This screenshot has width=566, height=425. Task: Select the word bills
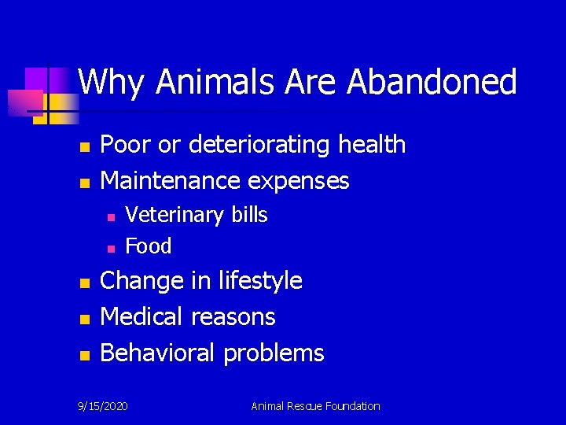249,215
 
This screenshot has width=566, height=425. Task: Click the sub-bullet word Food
149,246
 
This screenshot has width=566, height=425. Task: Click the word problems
274,353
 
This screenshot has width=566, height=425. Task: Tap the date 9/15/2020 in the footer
103,406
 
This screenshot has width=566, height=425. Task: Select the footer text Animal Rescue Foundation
315,406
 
